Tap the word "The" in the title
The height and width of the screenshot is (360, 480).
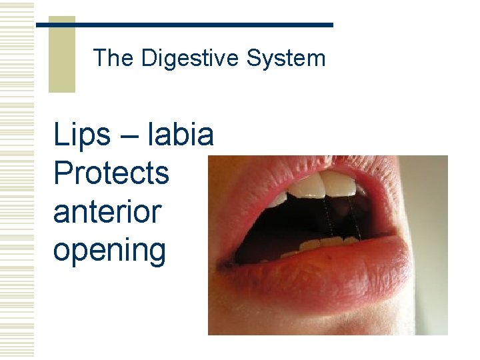(x=113, y=59)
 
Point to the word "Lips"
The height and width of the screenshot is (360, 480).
(x=82, y=135)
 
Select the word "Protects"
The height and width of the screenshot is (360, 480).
(x=111, y=173)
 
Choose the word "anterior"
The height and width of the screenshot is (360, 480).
(x=107, y=211)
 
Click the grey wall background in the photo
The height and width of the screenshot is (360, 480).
(x=433, y=200)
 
